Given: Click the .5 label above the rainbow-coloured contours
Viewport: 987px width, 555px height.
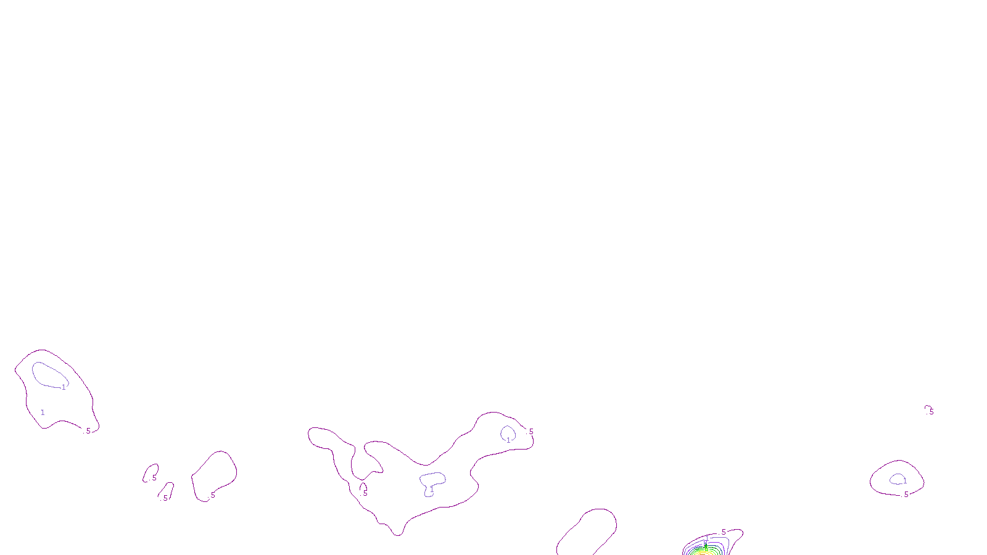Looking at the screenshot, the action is pos(723,532).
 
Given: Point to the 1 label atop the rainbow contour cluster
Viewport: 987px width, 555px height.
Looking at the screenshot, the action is pos(707,538).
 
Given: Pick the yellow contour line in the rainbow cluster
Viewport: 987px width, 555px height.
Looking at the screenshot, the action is pos(703,552).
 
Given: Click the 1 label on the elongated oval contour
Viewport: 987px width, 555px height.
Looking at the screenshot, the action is pos(64,387).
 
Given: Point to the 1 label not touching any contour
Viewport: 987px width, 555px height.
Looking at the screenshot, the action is pos(43,412).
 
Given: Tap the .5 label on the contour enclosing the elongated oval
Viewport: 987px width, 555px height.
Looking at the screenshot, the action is pos(88,431).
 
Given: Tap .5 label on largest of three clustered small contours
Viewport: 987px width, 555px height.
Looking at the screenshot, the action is pos(212,495).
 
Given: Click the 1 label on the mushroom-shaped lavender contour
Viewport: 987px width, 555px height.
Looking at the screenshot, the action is pos(432,490).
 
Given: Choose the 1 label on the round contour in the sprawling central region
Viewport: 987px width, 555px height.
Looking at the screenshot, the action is pos(508,440).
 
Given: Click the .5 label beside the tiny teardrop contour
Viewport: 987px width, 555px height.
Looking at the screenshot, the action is pos(365,493).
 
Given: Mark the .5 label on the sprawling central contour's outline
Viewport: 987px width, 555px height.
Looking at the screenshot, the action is pos(531,432).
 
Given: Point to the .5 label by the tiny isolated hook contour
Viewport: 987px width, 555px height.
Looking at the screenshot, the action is pos(931,411).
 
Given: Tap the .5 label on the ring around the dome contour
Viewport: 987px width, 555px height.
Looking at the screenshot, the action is pos(906,495).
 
